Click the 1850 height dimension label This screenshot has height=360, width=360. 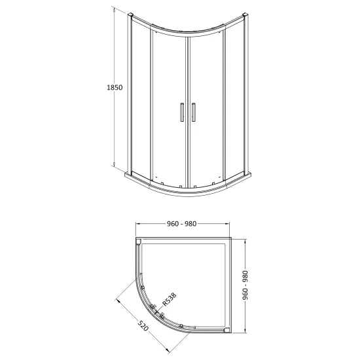point(115,88)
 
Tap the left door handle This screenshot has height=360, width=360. point(182,112)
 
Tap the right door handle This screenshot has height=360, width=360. point(194,112)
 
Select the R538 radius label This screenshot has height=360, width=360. point(170,299)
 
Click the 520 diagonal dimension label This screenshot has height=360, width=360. point(143,325)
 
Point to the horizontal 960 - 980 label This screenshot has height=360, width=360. point(181,224)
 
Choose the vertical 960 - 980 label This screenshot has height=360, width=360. point(245,285)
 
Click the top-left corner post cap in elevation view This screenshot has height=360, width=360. point(130,14)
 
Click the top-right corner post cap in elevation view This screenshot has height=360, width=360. point(245,14)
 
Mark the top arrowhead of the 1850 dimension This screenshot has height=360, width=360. point(114,10)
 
